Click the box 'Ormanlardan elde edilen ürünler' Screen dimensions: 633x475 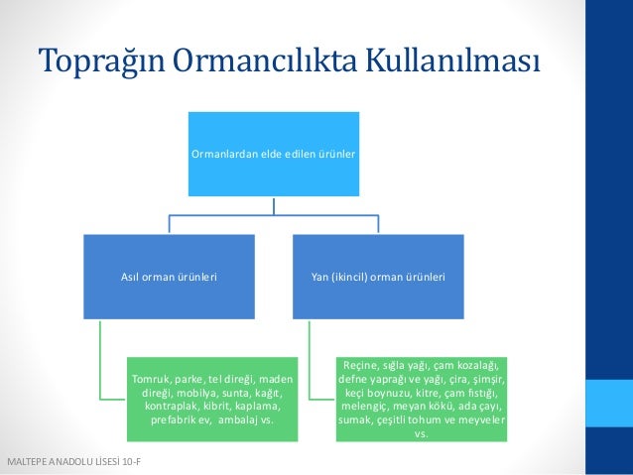pos(274,154)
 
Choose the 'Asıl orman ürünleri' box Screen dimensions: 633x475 pos(169,277)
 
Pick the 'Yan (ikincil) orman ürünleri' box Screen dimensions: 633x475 pos(378,277)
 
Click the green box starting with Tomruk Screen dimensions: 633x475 pos(212,399)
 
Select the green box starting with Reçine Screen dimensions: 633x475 pos(422,399)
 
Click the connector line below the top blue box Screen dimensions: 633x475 pos(274,205)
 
